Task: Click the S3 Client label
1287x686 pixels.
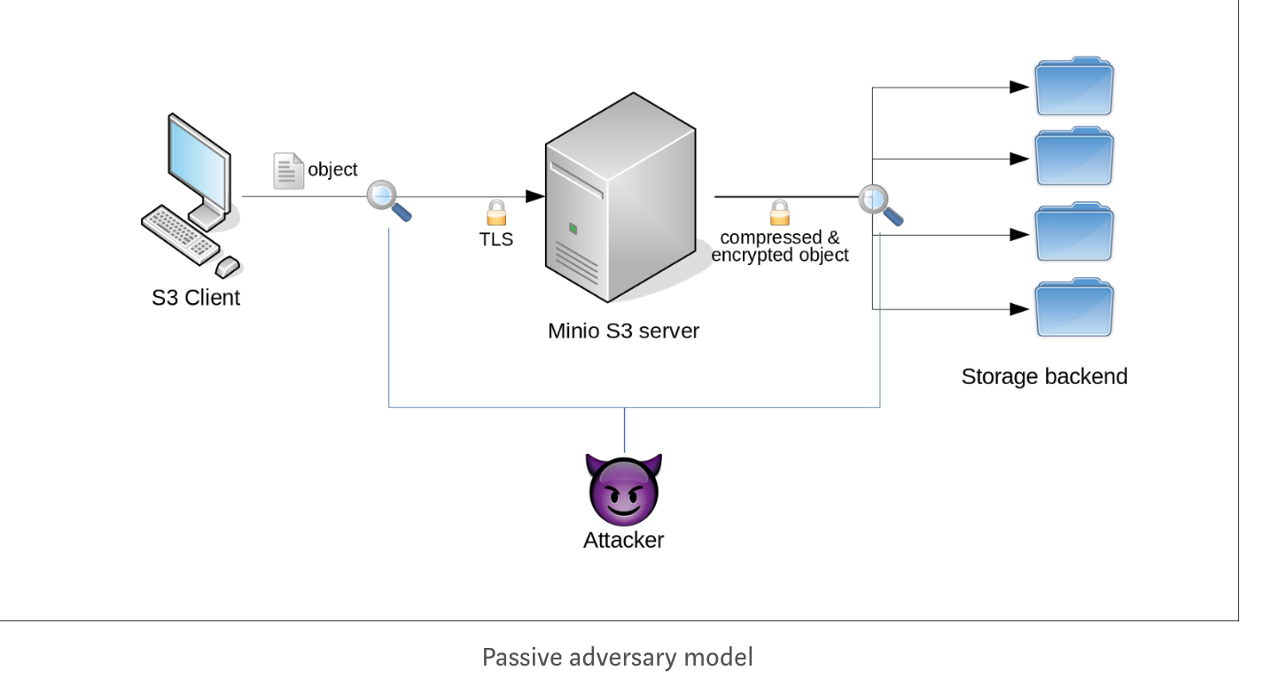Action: click(x=195, y=298)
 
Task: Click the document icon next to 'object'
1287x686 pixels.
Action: click(x=287, y=171)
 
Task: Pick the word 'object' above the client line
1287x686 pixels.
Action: click(x=332, y=169)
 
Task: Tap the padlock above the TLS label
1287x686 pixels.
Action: click(x=495, y=213)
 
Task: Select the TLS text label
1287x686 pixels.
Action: click(x=496, y=238)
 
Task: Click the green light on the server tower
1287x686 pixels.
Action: click(x=573, y=230)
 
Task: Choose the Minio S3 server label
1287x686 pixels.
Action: click(x=623, y=331)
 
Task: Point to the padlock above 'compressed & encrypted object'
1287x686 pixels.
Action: click(x=779, y=213)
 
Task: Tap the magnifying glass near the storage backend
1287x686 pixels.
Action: click(x=878, y=203)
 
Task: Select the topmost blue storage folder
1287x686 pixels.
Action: click(x=1073, y=86)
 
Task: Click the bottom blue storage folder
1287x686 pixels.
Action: click(x=1073, y=308)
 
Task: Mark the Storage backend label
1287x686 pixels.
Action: click(x=1044, y=377)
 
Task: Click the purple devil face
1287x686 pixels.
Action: click(x=624, y=489)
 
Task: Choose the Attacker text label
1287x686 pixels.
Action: click(x=623, y=540)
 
